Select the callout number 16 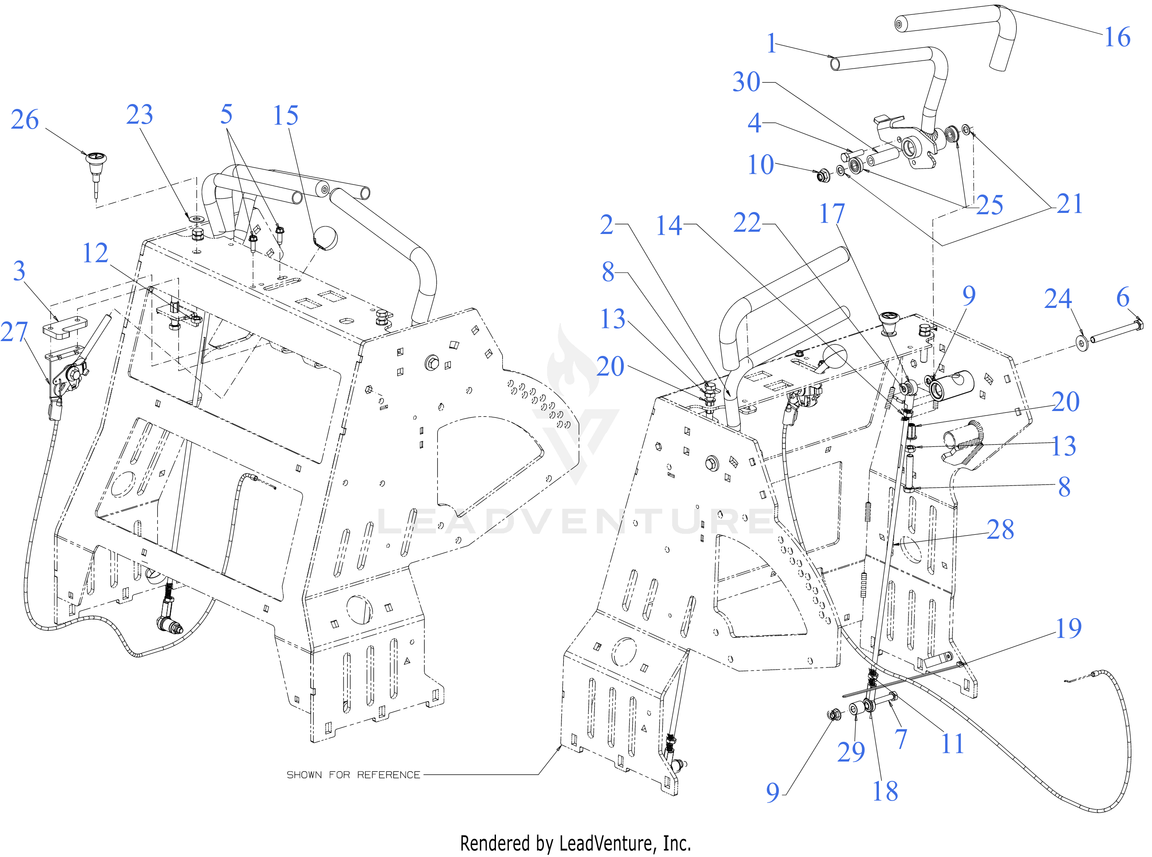point(1117,37)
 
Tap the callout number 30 point(746,82)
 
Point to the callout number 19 point(1069,628)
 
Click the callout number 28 point(1000,530)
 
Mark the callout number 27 point(14,332)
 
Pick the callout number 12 point(96,253)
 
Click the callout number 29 point(851,752)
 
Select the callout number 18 point(885,792)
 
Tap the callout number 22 point(747,223)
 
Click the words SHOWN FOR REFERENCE point(353,775)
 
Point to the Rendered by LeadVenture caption point(575,844)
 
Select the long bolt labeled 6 point(1116,332)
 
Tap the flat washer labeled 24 point(1082,342)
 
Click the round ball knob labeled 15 point(326,237)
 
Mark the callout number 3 point(19,271)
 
